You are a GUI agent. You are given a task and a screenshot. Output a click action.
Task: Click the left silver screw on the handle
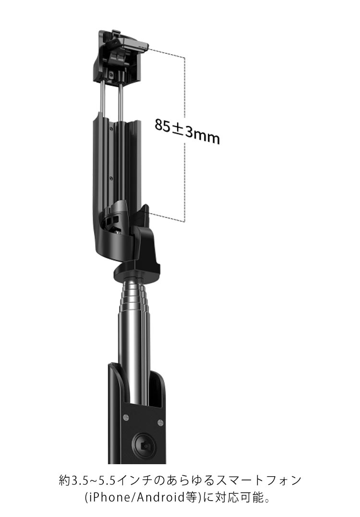tap(126, 418)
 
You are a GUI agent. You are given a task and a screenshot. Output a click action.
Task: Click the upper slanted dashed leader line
tap(166, 52)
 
